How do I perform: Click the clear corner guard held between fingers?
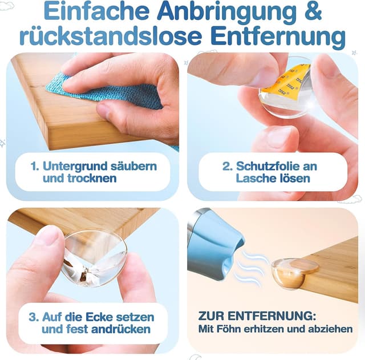[94, 256]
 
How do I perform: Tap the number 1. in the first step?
[35, 167]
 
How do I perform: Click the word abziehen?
[332, 329]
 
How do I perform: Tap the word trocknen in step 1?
[89, 179]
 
